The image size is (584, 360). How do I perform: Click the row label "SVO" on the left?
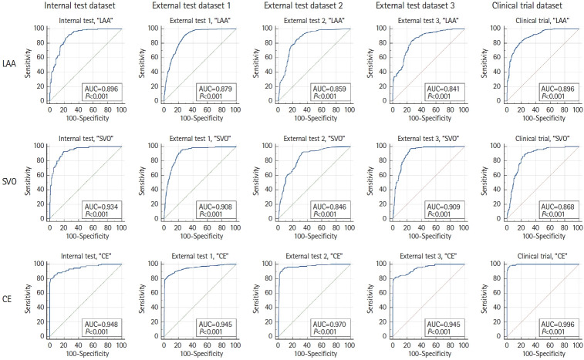[x=12, y=182]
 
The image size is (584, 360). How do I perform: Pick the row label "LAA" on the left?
[x=12, y=64]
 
